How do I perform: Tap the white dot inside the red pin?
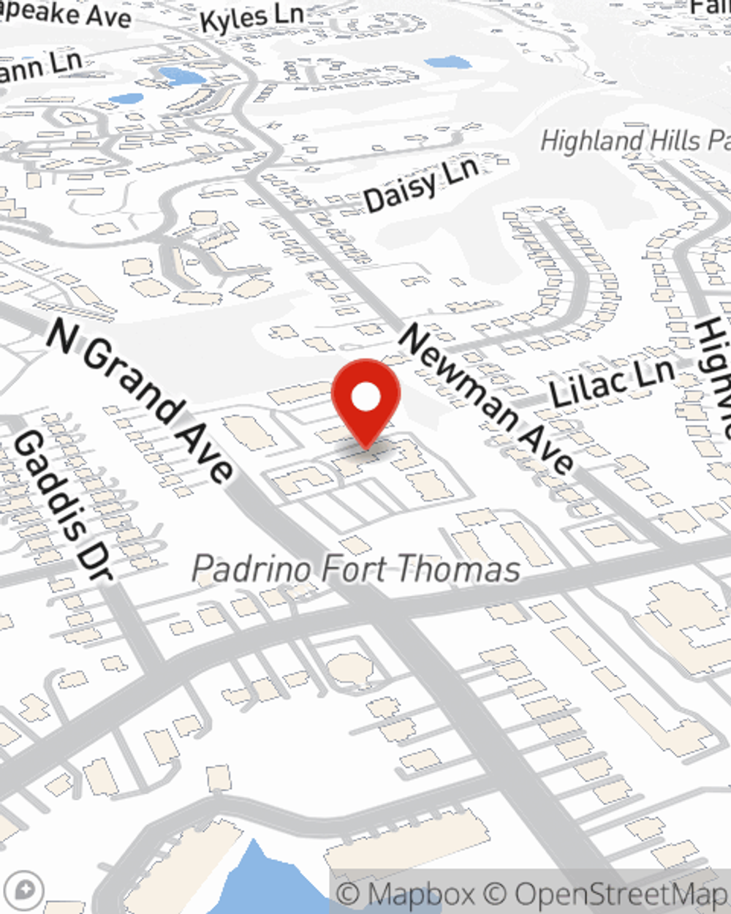pos(365,398)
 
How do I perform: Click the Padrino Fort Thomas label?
pos(356,570)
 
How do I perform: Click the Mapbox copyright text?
pos(406,894)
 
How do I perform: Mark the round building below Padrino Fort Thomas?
pos(349,668)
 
